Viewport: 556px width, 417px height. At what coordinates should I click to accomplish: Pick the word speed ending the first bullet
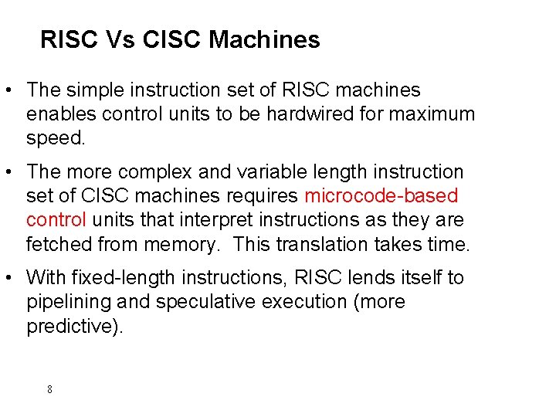pos(53,139)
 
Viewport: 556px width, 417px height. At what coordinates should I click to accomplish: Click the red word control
pos(56,220)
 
